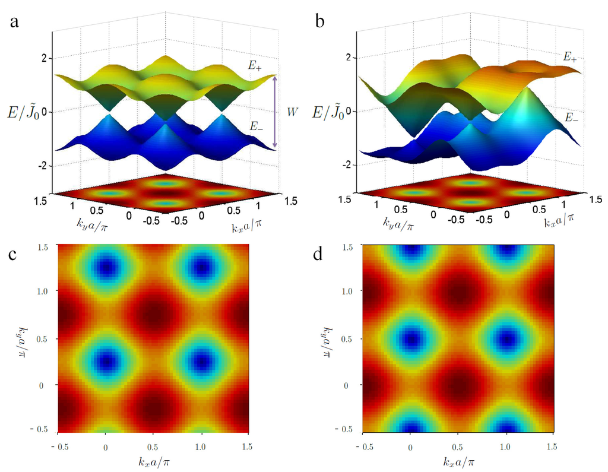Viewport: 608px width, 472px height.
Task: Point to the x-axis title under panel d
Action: (457, 460)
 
